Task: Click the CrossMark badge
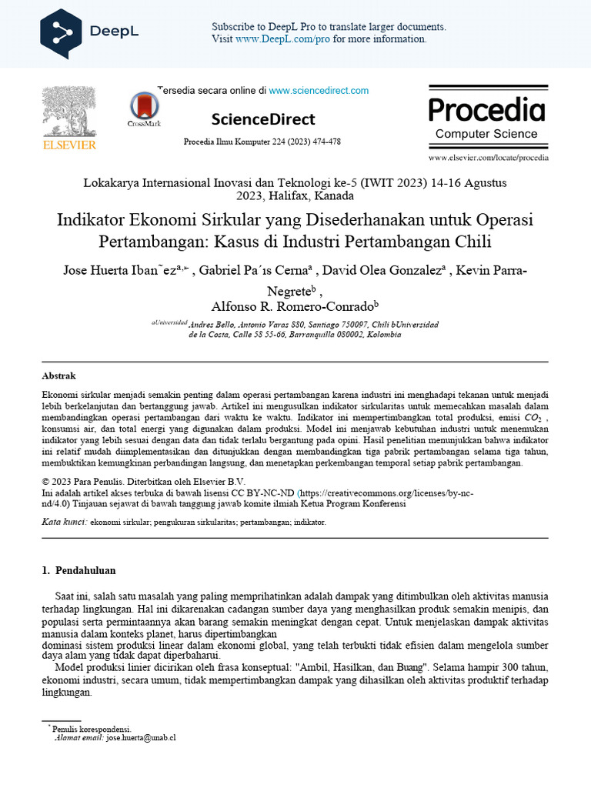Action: point(144,109)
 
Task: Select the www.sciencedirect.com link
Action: point(319,91)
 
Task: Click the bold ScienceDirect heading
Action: point(263,119)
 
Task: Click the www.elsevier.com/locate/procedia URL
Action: point(489,157)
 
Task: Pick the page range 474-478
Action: point(325,142)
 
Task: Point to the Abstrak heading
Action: point(58,376)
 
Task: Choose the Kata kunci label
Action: point(65,522)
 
